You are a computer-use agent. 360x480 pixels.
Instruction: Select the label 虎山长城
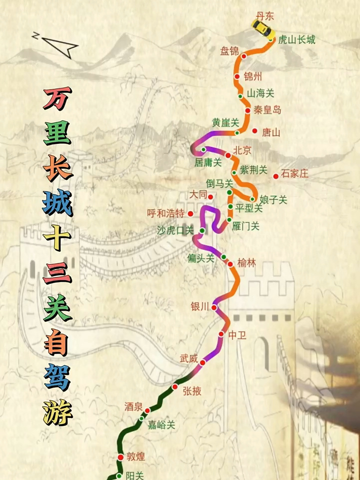click(297, 40)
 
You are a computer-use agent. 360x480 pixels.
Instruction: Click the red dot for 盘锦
click(244, 56)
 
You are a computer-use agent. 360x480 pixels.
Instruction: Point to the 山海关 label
click(261, 93)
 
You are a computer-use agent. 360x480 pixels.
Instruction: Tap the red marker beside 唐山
click(254, 131)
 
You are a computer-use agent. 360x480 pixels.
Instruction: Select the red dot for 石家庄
click(275, 176)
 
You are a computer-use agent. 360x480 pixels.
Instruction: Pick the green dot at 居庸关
click(204, 150)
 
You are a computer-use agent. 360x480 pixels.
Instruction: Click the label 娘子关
click(274, 200)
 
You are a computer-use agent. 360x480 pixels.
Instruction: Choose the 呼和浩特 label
click(165, 213)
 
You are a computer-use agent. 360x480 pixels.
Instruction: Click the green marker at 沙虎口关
click(202, 230)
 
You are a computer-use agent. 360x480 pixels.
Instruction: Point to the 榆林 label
click(246, 263)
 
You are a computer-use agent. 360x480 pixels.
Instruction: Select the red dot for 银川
click(214, 308)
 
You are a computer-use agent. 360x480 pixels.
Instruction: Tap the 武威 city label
click(189, 358)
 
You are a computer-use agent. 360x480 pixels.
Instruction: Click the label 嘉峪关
click(161, 425)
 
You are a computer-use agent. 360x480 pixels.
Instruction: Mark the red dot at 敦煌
click(120, 457)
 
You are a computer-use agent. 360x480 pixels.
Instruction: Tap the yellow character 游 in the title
click(58, 412)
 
